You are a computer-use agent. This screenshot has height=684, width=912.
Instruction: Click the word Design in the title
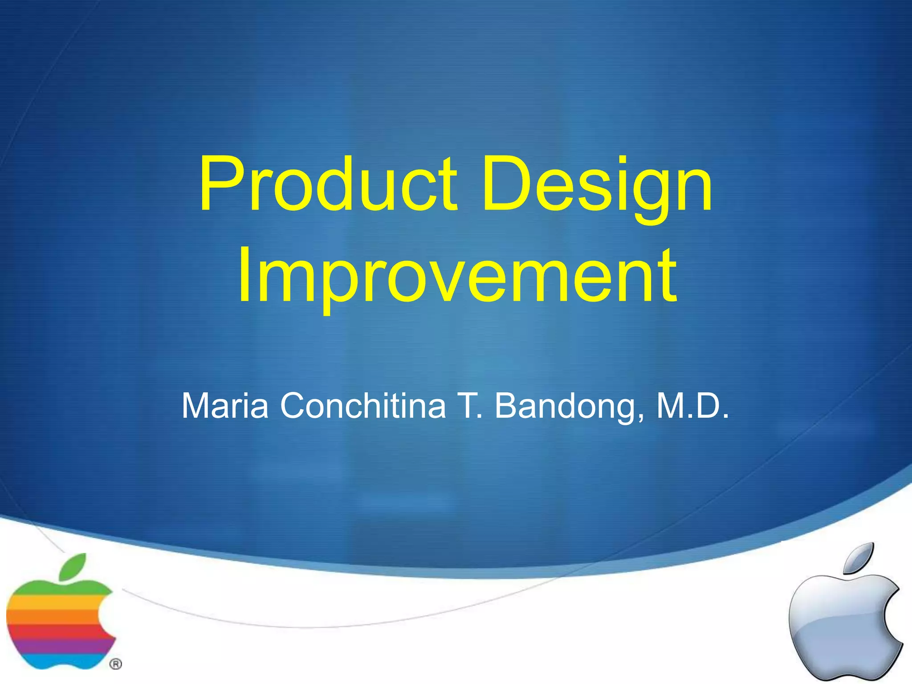(597, 183)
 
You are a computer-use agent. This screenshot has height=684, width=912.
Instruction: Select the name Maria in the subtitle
(225, 406)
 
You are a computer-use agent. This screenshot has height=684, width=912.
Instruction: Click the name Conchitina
(362, 406)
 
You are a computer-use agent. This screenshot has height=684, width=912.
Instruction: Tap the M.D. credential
(692, 406)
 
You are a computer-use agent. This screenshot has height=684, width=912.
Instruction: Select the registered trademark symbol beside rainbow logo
(115, 664)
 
